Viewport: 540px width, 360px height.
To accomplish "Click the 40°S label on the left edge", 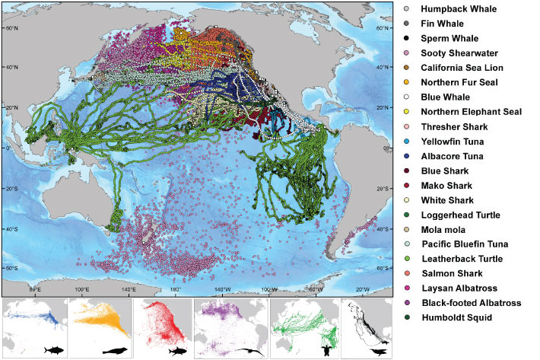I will pos(12,228).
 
